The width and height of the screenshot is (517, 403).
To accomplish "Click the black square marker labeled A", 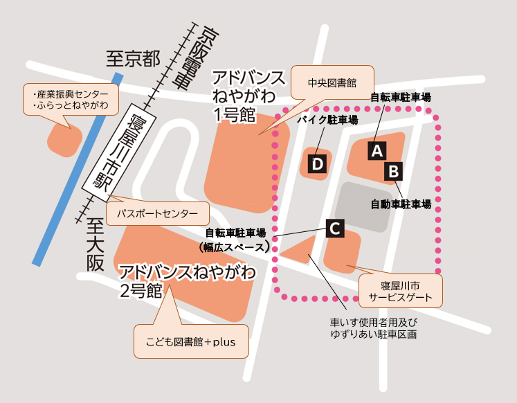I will click(377, 150).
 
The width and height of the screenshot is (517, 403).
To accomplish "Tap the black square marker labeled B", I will click(393, 170).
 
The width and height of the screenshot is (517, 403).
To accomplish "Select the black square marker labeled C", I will click(334, 228).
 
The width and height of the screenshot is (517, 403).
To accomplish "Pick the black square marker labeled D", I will click(317, 164).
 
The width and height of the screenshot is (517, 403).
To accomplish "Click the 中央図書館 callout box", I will click(332, 82).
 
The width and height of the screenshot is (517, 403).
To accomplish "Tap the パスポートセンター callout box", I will click(156, 213).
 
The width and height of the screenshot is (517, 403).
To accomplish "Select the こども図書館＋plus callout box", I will click(191, 341).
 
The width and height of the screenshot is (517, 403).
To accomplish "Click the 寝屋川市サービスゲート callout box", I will click(400, 292).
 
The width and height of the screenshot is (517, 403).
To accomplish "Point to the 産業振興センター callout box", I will click(70, 99).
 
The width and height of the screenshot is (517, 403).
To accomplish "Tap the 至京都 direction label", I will click(132, 58).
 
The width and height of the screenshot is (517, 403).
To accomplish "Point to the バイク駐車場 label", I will click(327, 120).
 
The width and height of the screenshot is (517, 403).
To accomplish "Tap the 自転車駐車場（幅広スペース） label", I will click(236, 240).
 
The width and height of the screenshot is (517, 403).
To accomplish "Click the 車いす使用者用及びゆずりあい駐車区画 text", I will click(374, 328).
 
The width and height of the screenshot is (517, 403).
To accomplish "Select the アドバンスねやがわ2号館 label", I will click(187, 279).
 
